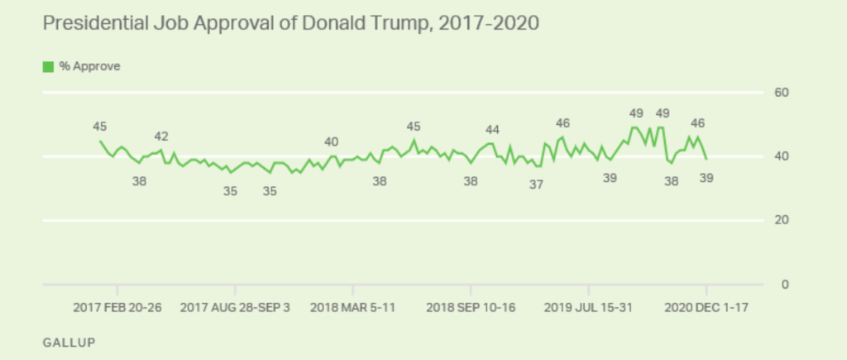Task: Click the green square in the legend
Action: click(49, 66)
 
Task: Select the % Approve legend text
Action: click(89, 66)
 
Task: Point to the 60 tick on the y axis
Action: click(781, 93)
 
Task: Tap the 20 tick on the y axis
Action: click(781, 221)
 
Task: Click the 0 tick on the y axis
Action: click(784, 286)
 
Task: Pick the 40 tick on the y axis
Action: click(781, 157)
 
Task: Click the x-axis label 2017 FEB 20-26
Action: click(117, 307)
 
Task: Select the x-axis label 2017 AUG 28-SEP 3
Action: click(235, 307)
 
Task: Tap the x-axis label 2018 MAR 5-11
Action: click(352, 307)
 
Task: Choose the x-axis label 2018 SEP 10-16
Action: click(471, 307)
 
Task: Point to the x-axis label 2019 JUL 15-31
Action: click(588, 307)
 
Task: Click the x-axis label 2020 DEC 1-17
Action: click(706, 307)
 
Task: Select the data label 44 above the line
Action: click(493, 130)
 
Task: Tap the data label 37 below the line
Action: click(536, 185)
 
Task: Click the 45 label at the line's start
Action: click(100, 127)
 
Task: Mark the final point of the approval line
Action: click(706, 159)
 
